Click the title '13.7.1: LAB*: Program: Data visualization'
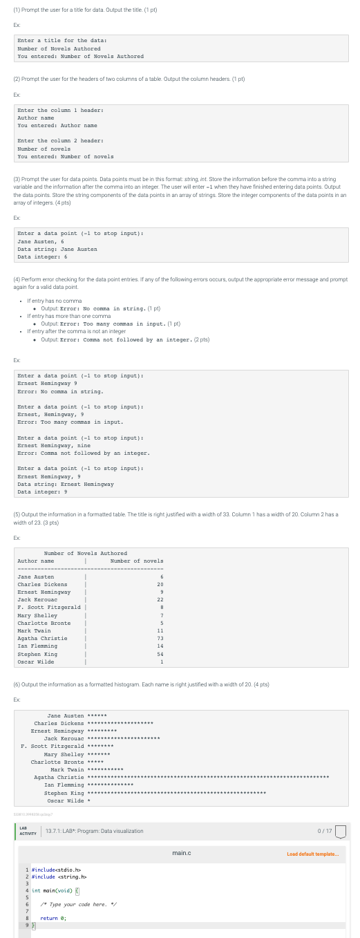click(94, 831)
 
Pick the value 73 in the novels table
click(160, 638)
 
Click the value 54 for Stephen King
click(160, 653)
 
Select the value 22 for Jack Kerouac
click(160, 599)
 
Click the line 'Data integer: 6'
click(42, 257)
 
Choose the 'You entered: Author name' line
click(57, 125)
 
